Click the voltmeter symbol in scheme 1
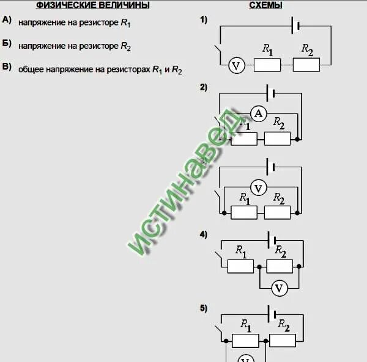(236, 65)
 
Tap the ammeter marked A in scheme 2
(258, 113)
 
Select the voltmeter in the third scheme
(258, 188)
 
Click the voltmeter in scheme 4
(280, 287)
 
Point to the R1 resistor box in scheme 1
(267, 65)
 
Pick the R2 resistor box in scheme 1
(306, 65)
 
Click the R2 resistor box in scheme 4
(280, 266)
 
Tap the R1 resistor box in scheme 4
(240, 266)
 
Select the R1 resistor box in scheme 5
(245, 341)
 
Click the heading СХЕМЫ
(265, 5)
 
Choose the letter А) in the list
(7, 20)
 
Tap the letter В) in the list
(7, 67)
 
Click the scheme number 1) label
(204, 20)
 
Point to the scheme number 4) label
(204, 234)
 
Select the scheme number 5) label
(204, 308)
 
